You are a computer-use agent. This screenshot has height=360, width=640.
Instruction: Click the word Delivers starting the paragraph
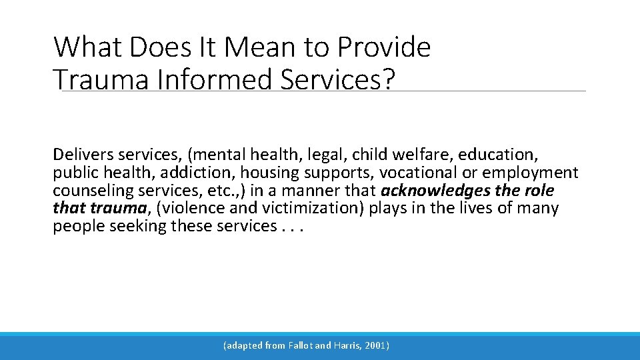pos(83,155)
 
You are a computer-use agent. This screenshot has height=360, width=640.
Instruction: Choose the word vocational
pos(417,173)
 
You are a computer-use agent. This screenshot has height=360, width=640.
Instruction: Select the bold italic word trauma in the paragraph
pos(119,208)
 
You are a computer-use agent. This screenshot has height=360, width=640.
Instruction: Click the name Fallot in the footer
pos(300,346)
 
